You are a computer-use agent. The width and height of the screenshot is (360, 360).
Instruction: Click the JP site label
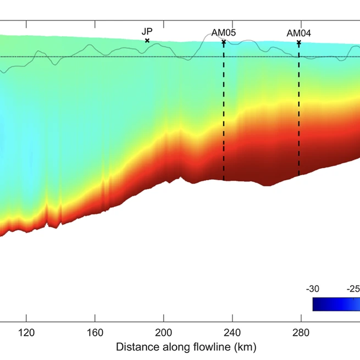pos(147,32)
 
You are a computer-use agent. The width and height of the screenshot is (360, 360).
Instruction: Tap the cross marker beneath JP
pos(147,41)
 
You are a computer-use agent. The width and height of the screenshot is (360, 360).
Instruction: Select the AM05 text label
pos(224,33)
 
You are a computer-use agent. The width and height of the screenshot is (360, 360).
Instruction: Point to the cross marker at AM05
pos(224,42)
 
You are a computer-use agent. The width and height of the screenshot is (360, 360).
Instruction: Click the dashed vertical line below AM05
pos(224,110)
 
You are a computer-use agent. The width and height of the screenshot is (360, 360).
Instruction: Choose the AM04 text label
pos(298,33)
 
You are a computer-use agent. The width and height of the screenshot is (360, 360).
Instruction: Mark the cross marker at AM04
pos(298,42)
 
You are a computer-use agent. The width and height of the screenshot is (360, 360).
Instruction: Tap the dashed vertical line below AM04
pos(298,110)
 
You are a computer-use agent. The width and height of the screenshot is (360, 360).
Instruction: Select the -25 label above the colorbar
pos(352,289)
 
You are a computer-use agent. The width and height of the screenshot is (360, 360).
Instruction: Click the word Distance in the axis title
pos(134,347)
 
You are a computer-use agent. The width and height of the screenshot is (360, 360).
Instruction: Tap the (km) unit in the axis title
pos(245,347)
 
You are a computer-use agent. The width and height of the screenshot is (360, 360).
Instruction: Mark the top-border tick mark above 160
pos(95,25)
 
